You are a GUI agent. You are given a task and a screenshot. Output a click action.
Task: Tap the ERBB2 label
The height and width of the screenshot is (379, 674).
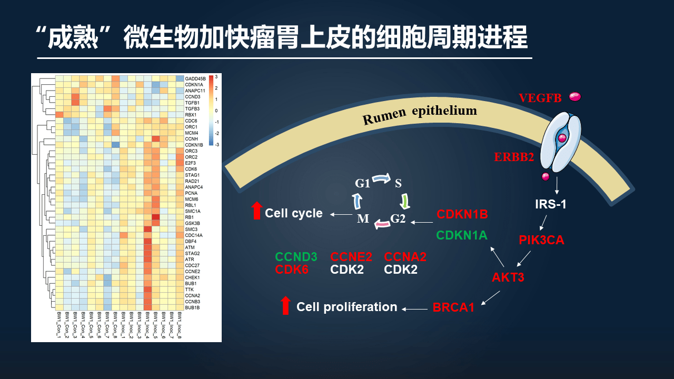pyautogui.click(x=514, y=157)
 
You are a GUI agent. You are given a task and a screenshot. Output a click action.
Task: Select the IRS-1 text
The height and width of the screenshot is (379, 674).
pyautogui.click(x=551, y=204)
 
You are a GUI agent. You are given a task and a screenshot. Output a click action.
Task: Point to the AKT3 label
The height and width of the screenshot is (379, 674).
pyautogui.click(x=508, y=277)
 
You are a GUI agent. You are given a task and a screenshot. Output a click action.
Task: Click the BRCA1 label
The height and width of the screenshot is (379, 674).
pyautogui.click(x=453, y=307)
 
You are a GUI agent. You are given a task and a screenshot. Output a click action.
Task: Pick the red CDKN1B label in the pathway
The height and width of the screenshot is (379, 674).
pyautogui.click(x=462, y=214)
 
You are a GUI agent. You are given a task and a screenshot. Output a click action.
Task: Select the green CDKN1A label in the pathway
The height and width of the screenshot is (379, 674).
pyautogui.click(x=462, y=235)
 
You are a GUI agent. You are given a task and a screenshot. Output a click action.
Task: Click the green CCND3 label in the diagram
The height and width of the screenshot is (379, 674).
pyautogui.click(x=296, y=257)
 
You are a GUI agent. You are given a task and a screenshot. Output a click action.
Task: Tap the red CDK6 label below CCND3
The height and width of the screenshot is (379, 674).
pyautogui.click(x=292, y=270)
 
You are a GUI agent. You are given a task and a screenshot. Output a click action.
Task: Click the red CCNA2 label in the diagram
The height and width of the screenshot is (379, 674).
pyautogui.click(x=405, y=257)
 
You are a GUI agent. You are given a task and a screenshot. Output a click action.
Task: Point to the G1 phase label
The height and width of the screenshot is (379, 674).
pyautogui.click(x=362, y=183)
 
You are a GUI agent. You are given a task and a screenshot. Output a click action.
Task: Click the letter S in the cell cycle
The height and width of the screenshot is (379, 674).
pyautogui.click(x=398, y=183)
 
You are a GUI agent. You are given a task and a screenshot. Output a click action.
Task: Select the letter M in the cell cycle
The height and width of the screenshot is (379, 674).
pyautogui.click(x=363, y=218)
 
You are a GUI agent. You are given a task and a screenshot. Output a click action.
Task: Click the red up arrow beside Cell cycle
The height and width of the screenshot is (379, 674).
pyautogui.click(x=256, y=211)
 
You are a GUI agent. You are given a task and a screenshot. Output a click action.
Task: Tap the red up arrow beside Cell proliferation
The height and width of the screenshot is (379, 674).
pyautogui.click(x=285, y=305)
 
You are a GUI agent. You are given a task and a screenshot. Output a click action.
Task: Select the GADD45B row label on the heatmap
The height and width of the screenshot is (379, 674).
pyautogui.click(x=195, y=78)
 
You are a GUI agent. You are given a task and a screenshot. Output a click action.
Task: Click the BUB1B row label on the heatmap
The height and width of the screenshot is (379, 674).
pyautogui.click(x=193, y=307)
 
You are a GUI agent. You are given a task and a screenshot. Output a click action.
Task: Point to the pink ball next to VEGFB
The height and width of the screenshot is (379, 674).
pyautogui.click(x=574, y=96)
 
